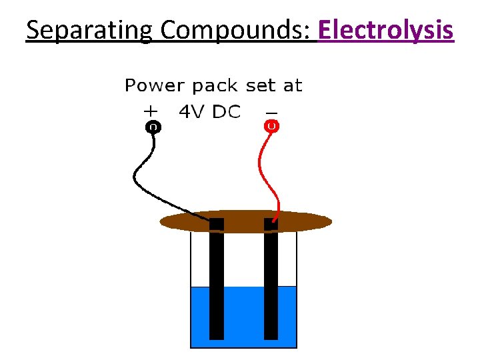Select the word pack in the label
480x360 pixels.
[216, 86]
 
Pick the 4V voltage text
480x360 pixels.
[193, 112]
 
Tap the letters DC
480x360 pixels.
[227, 112]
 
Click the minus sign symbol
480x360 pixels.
[271, 111]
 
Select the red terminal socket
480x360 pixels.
[272, 125]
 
